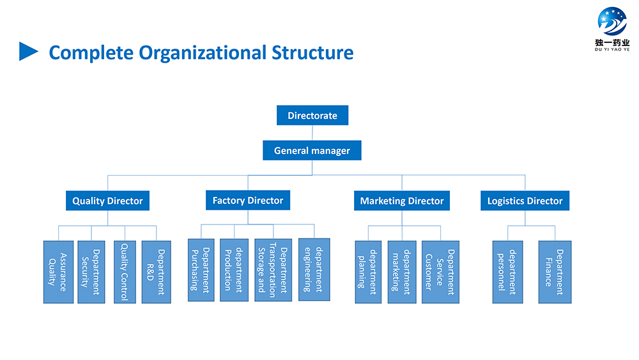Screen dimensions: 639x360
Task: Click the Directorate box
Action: [312, 115]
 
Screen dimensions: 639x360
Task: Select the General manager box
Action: [312, 150]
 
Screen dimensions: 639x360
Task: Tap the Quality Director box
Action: [107, 201]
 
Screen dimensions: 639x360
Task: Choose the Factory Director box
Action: [248, 200]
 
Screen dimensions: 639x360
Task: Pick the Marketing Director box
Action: [402, 201]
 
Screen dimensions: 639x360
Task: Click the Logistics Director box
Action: [525, 201]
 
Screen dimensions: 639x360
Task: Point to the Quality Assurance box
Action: [58, 272]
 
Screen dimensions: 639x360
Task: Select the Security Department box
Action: [91, 272]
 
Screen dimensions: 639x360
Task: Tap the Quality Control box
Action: [125, 272]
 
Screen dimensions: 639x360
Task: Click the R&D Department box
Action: [156, 272]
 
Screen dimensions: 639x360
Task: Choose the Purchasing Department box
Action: [201, 270]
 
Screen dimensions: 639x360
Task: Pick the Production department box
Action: [234, 270]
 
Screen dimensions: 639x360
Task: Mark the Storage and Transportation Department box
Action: [273, 270]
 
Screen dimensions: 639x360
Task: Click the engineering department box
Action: [314, 270]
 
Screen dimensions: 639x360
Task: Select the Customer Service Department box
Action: [440, 272]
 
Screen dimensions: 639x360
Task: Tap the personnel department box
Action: [507, 272]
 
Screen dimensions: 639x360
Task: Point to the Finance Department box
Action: [555, 272]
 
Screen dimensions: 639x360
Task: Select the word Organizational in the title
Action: [202, 53]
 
